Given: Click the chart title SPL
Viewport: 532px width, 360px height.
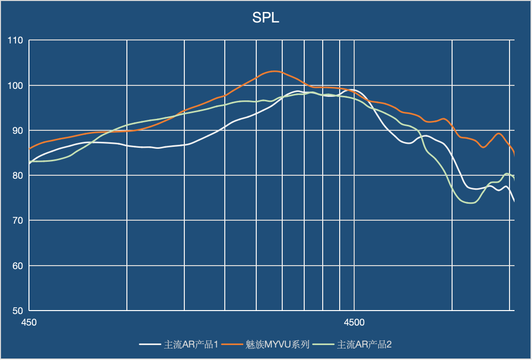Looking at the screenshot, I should pyautogui.click(x=266, y=18).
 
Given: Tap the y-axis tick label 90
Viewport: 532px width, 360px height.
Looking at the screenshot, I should pyautogui.click(x=18, y=130).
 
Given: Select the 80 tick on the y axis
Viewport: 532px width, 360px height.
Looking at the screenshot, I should pyautogui.click(x=18, y=175).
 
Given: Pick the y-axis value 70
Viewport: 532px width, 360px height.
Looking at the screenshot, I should pyautogui.click(x=18, y=220).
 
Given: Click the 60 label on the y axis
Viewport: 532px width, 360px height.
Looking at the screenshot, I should pyautogui.click(x=18, y=266).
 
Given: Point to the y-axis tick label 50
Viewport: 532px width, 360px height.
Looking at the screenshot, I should pyautogui.click(x=18, y=311).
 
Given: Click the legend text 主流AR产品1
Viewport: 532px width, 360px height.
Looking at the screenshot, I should pyautogui.click(x=191, y=345).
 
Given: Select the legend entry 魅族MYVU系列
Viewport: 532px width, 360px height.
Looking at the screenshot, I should pyautogui.click(x=278, y=345).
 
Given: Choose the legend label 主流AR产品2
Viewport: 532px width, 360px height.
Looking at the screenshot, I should pyautogui.click(x=365, y=345).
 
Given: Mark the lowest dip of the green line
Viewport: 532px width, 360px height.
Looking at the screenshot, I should pyautogui.click(x=471, y=203).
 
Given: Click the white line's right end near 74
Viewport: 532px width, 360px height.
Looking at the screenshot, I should pyautogui.click(x=514, y=201).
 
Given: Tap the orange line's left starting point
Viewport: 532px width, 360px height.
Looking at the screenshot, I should pyautogui.click(x=29, y=149).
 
